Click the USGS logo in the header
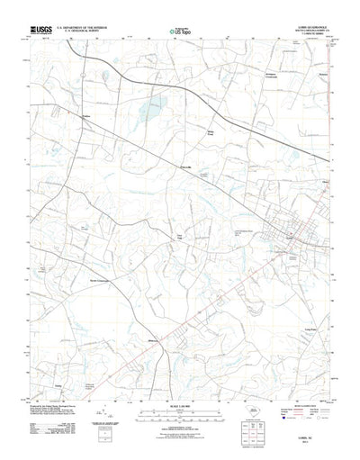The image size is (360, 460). [42, 30]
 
